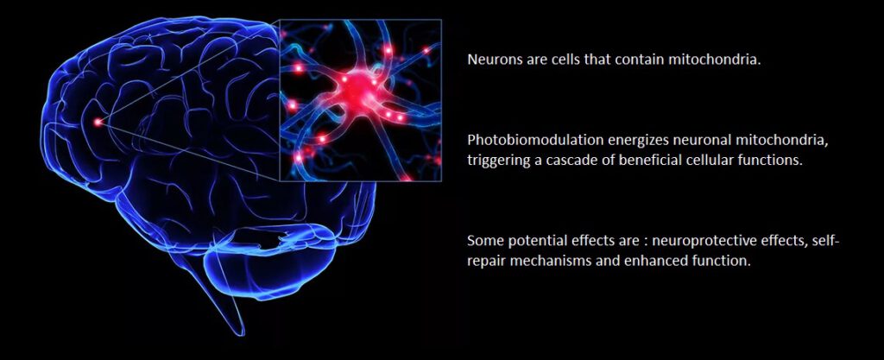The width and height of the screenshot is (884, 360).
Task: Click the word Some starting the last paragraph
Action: (485, 241)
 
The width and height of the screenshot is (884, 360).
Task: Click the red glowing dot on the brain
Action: (98, 121)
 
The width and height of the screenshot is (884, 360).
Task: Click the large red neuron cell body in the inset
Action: (356, 85)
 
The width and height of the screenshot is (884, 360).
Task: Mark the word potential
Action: (535, 241)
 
